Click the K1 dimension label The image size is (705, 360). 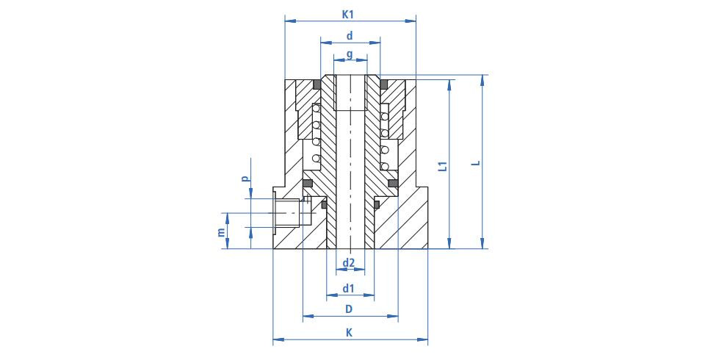(348, 15)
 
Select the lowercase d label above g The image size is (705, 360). (350, 35)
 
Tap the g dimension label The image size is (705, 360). (350, 55)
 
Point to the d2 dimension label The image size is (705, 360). (349, 262)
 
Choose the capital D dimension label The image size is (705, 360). (348, 309)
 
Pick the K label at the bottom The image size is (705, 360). (349, 333)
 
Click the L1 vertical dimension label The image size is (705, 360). (444, 166)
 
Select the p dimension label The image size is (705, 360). (245, 179)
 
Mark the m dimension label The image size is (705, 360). (220, 232)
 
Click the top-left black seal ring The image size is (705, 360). (316, 84)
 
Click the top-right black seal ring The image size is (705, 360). (383, 84)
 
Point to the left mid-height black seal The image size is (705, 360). (308, 183)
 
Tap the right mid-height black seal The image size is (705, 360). (393, 183)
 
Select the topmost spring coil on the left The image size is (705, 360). (316, 109)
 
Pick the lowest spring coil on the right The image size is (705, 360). (385, 167)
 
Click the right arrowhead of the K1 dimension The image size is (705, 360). (411, 21)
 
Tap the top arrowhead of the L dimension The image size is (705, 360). (482, 80)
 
